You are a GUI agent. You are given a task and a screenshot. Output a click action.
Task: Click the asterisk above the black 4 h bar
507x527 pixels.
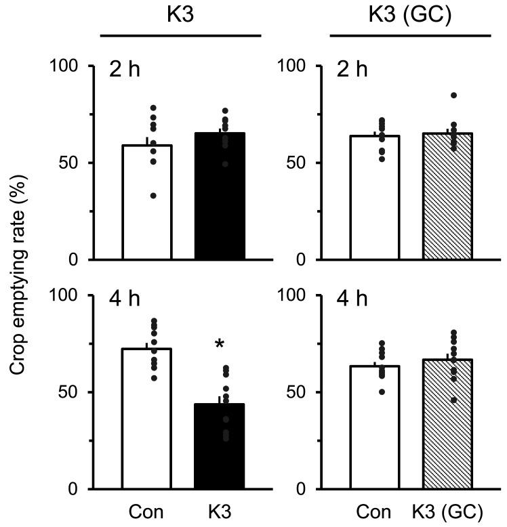pyautogui.click(x=220, y=345)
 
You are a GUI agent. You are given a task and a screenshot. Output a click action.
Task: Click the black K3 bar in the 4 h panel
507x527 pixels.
pyautogui.click(x=220, y=446)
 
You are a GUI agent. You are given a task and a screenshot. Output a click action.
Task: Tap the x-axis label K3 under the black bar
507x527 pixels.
pyautogui.click(x=220, y=511)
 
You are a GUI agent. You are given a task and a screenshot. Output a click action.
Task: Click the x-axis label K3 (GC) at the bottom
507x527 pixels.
pyautogui.click(x=447, y=511)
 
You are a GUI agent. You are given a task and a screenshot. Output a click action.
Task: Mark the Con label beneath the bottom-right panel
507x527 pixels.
pyautogui.click(x=375, y=511)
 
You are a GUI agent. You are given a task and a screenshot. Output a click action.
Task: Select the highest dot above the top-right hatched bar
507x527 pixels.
pyautogui.click(x=453, y=96)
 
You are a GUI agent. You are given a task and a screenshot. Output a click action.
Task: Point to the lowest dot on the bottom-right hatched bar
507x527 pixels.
pyautogui.click(x=453, y=400)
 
